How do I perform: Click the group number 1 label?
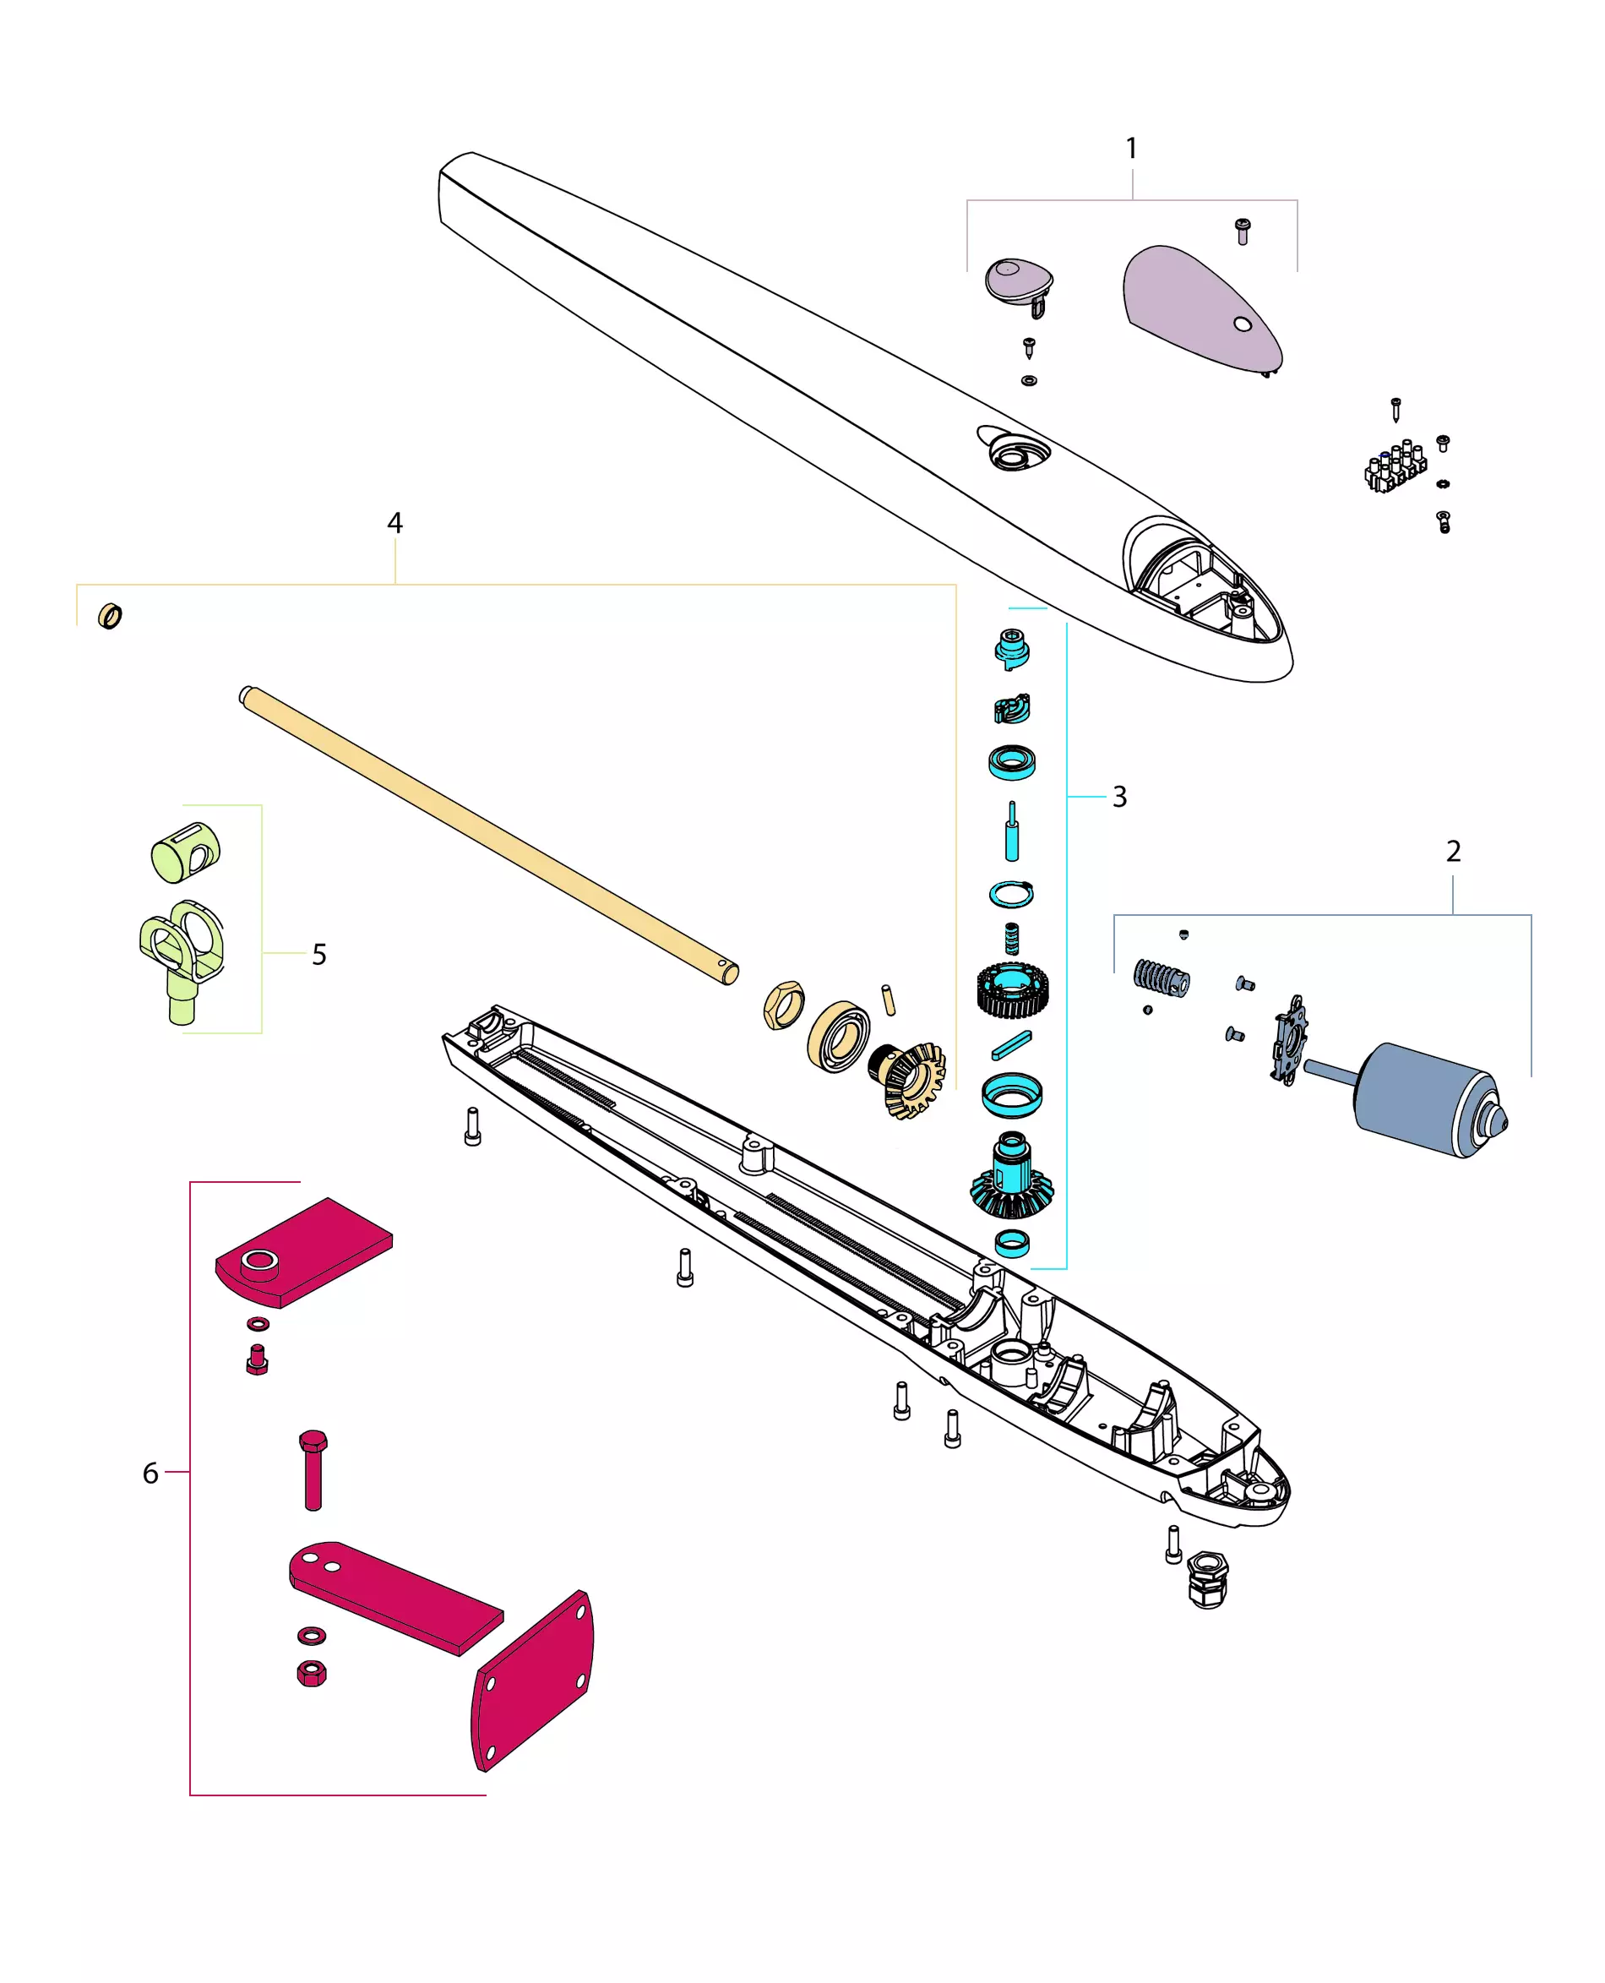point(1131,148)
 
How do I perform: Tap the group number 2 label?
point(1452,852)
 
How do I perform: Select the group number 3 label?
point(1119,797)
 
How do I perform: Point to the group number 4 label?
point(394,523)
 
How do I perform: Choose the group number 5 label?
point(319,954)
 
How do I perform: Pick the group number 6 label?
point(150,1473)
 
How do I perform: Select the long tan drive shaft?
point(488,835)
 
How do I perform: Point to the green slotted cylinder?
point(186,852)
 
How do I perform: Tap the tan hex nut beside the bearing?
point(784,1005)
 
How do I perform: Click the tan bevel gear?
point(911,1077)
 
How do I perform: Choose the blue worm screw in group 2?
point(1162,978)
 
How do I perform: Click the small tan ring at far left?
point(110,616)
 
